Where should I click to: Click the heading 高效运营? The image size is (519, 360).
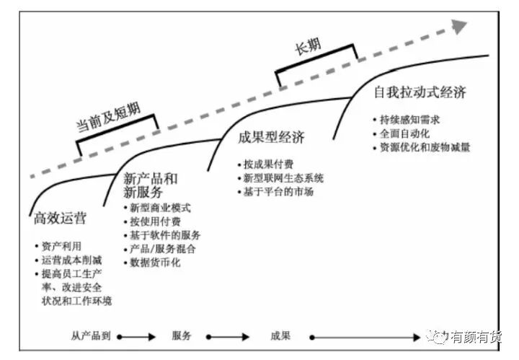(61, 219)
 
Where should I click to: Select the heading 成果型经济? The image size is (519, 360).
(271, 137)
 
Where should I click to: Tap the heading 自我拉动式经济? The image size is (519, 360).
(420, 92)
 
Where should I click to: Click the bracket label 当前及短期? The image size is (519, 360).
(109, 117)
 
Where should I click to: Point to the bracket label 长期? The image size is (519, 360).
(308, 48)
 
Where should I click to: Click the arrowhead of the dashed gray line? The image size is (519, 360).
(459, 26)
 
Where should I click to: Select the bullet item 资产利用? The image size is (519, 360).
(61, 247)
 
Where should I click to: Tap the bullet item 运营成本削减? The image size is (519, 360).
(71, 260)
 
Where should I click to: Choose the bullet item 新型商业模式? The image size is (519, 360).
(160, 208)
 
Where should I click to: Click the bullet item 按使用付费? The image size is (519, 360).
(155, 221)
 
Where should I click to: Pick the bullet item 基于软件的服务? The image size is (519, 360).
(165, 235)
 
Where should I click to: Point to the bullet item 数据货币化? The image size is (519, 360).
(155, 263)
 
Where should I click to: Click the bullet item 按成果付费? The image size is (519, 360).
(268, 164)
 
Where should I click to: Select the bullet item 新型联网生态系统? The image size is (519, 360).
(283, 178)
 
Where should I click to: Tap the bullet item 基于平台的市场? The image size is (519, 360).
(278, 192)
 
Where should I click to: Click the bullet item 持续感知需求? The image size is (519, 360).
(409, 120)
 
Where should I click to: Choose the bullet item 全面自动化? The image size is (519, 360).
(404, 133)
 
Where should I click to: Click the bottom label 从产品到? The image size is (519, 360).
(91, 335)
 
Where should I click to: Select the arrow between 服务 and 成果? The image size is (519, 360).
(228, 337)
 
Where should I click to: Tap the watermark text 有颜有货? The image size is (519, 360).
(476, 337)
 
